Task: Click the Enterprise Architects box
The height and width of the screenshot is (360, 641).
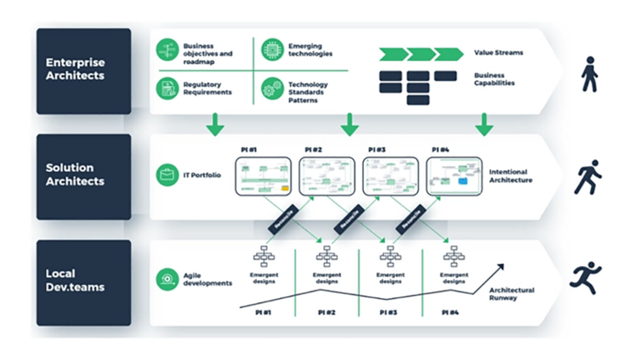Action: coord(83,70)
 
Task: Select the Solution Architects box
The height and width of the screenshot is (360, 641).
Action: coord(83,176)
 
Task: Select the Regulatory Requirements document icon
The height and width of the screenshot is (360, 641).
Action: coord(168,88)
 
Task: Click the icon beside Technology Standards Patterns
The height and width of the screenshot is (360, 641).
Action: coord(271,89)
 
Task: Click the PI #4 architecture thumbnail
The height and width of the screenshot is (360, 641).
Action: coord(454,176)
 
